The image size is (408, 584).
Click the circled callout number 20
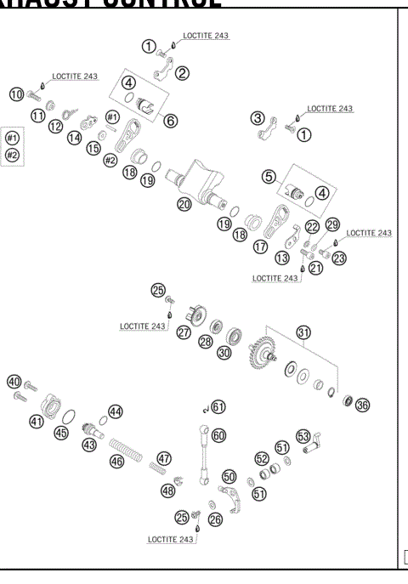[184, 204]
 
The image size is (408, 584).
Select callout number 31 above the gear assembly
[303, 332]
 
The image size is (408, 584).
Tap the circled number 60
[218, 434]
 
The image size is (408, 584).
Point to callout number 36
[363, 405]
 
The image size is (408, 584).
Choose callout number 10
[15, 94]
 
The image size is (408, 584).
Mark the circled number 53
[303, 436]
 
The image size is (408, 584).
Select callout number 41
[37, 420]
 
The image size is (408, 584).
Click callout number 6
[170, 121]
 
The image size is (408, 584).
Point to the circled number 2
[182, 73]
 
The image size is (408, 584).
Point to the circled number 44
[115, 411]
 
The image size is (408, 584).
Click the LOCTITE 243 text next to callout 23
[369, 233]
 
